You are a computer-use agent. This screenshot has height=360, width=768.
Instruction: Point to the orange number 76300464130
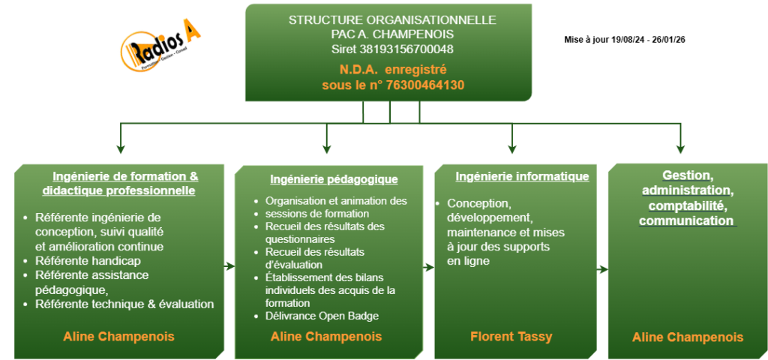426,85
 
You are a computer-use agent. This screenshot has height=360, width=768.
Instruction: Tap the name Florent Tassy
511,337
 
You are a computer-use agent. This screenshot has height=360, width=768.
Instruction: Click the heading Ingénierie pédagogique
334,179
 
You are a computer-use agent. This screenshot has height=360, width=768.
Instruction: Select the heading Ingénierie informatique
522,177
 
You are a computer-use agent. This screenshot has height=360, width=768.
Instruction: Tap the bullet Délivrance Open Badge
322,316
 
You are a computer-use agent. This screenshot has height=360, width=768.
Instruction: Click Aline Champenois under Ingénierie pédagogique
326,337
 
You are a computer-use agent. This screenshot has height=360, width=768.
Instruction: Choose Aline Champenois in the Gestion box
688,337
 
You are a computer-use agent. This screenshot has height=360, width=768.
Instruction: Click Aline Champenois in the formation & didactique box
119,337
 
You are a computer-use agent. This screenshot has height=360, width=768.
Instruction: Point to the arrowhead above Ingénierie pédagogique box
326,150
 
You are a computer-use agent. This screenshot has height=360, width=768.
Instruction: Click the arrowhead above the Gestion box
680,149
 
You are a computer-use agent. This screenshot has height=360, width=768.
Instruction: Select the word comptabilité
687,205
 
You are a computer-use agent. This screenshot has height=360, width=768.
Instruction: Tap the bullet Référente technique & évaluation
124,304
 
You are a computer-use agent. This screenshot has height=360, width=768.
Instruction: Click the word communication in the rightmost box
686,221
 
